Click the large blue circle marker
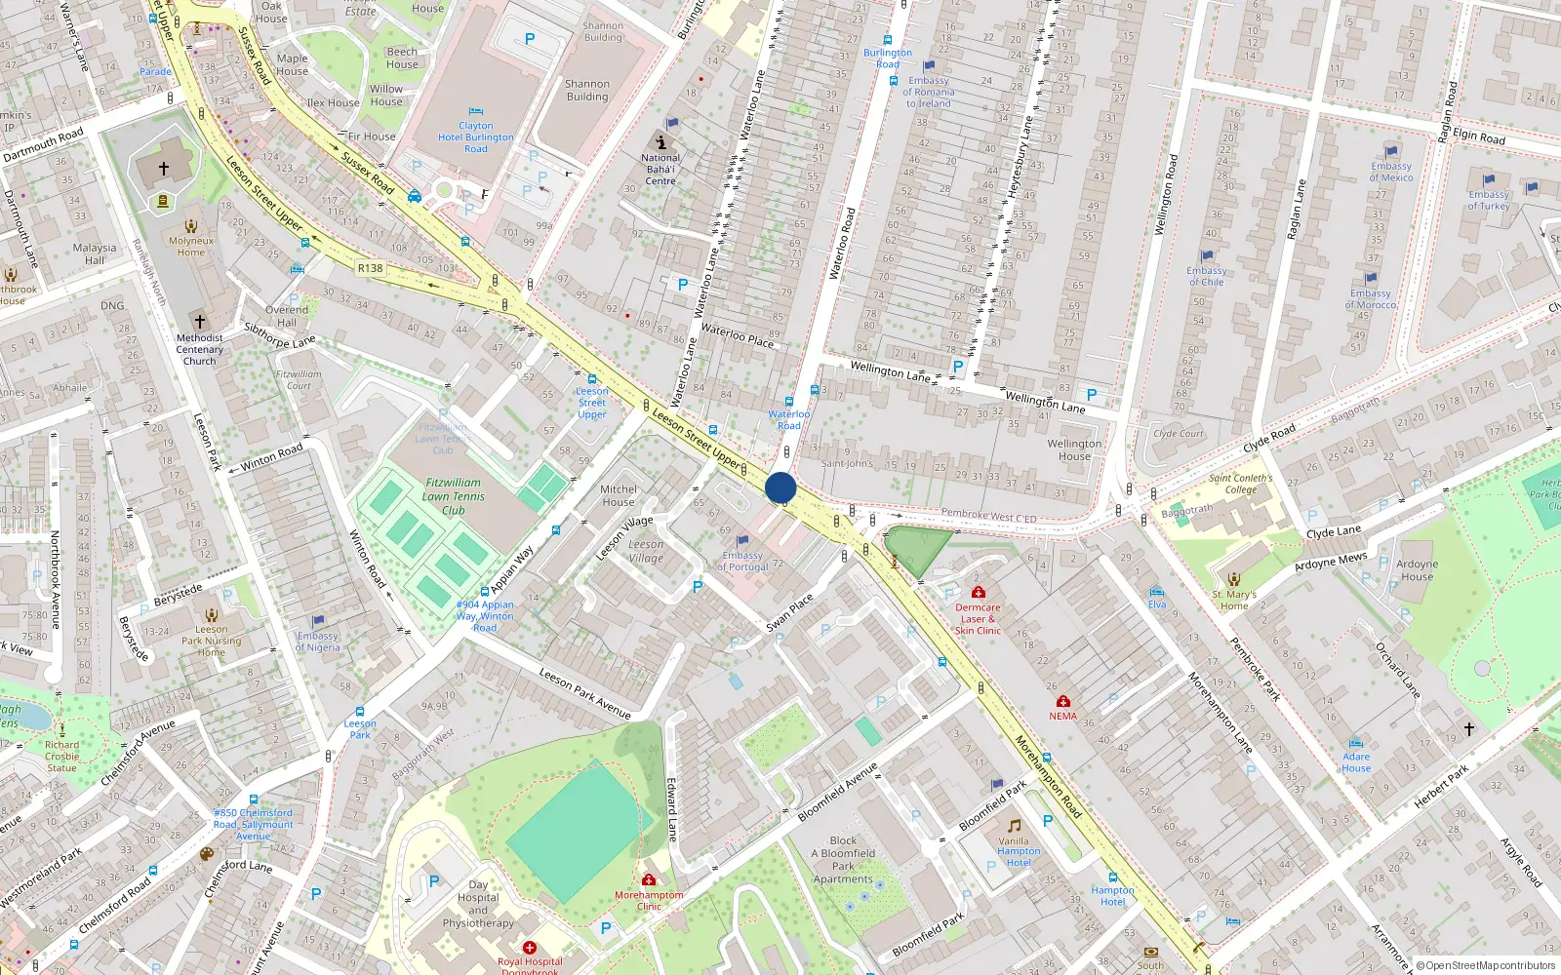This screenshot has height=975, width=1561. pos(780,487)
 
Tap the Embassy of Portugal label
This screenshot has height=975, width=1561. pos(742,561)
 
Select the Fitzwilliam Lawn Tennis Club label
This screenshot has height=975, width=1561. pos(453,495)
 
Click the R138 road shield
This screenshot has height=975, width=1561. pos(370,268)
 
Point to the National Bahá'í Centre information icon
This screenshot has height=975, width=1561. pos(660,142)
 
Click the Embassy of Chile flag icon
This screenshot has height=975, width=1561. pos(1207,256)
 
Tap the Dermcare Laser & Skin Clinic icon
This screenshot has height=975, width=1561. pos(978,592)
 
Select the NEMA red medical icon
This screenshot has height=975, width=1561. pos(1063,701)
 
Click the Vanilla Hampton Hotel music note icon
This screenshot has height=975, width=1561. pos(1014,826)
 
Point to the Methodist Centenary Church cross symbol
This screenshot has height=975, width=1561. pos(200,321)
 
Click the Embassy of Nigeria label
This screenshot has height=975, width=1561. pos(318,642)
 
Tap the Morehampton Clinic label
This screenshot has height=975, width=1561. pos(649,900)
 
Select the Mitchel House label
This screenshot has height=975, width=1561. pos(619,495)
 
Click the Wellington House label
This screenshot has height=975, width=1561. pos(1074,449)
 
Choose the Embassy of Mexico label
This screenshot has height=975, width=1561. pos(1390,172)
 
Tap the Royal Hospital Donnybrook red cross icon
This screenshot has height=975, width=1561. pos(530,948)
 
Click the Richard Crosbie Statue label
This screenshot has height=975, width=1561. pos(61,756)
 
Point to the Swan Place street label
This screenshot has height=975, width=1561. pos(789,612)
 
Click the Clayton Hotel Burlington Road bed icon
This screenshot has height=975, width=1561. pos(476,111)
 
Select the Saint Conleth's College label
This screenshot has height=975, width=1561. pos(1240,484)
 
